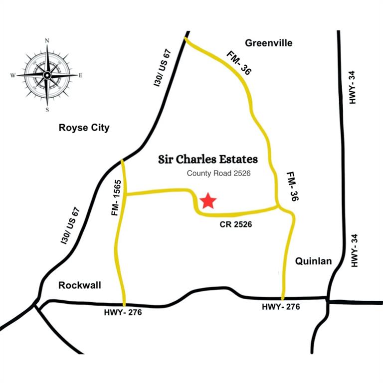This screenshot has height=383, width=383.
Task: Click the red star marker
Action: click(208, 201)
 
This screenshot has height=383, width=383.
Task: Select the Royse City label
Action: click(84, 128)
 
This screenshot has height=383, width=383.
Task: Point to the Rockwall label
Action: click(80, 285)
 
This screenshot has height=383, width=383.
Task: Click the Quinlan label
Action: click(313, 261)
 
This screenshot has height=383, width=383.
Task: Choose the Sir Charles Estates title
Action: click(208, 160)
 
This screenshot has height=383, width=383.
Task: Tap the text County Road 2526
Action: click(218, 174)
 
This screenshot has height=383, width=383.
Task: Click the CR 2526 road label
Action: click(236, 225)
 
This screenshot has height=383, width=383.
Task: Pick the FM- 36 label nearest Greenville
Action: click(238, 63)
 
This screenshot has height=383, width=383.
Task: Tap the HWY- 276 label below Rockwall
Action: click(123, 313)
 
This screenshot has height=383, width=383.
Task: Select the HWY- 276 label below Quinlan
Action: click(281, 307)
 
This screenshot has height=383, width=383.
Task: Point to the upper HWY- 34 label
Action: click(353, 88)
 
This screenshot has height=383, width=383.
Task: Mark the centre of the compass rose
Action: click(47, 75)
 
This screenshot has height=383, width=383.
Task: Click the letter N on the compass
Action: click(47, 40)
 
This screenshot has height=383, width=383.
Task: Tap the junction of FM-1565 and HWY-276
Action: click(124, 304)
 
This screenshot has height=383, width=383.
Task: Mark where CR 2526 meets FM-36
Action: click(279, 206)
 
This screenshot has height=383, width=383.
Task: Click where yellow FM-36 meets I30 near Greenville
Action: click(186, 38)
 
